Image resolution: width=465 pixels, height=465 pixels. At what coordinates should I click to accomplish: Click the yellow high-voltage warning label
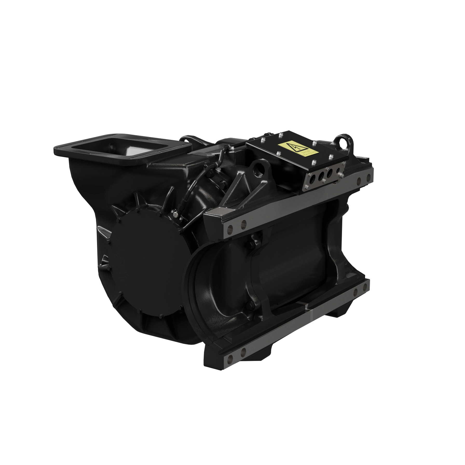click(x=298, y=150)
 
